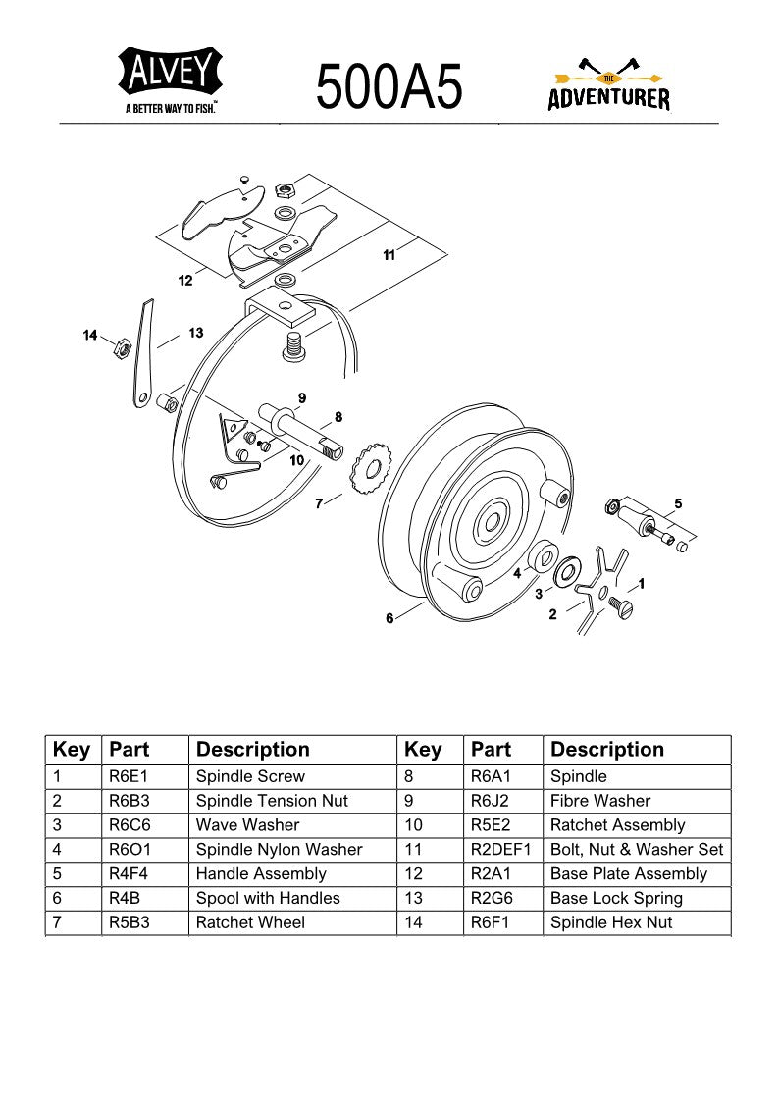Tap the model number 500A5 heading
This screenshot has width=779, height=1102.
point(389,86)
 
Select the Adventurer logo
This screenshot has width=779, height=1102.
point(608,86)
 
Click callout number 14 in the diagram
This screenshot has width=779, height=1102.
point(90,337)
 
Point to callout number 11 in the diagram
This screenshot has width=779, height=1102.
point(389,255)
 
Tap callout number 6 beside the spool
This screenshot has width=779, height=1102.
point(389,618)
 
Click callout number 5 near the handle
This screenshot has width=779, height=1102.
point(678,503)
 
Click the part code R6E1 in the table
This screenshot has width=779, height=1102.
point(129,776)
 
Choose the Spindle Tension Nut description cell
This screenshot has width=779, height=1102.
point(272,801)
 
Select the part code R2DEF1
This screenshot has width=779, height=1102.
point(500,849)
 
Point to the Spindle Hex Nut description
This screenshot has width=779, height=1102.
point(611,922)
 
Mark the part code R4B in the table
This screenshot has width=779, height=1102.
point(125,898)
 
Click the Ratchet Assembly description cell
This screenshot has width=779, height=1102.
point(617,825)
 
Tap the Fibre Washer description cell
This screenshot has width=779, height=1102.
point(600,801)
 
